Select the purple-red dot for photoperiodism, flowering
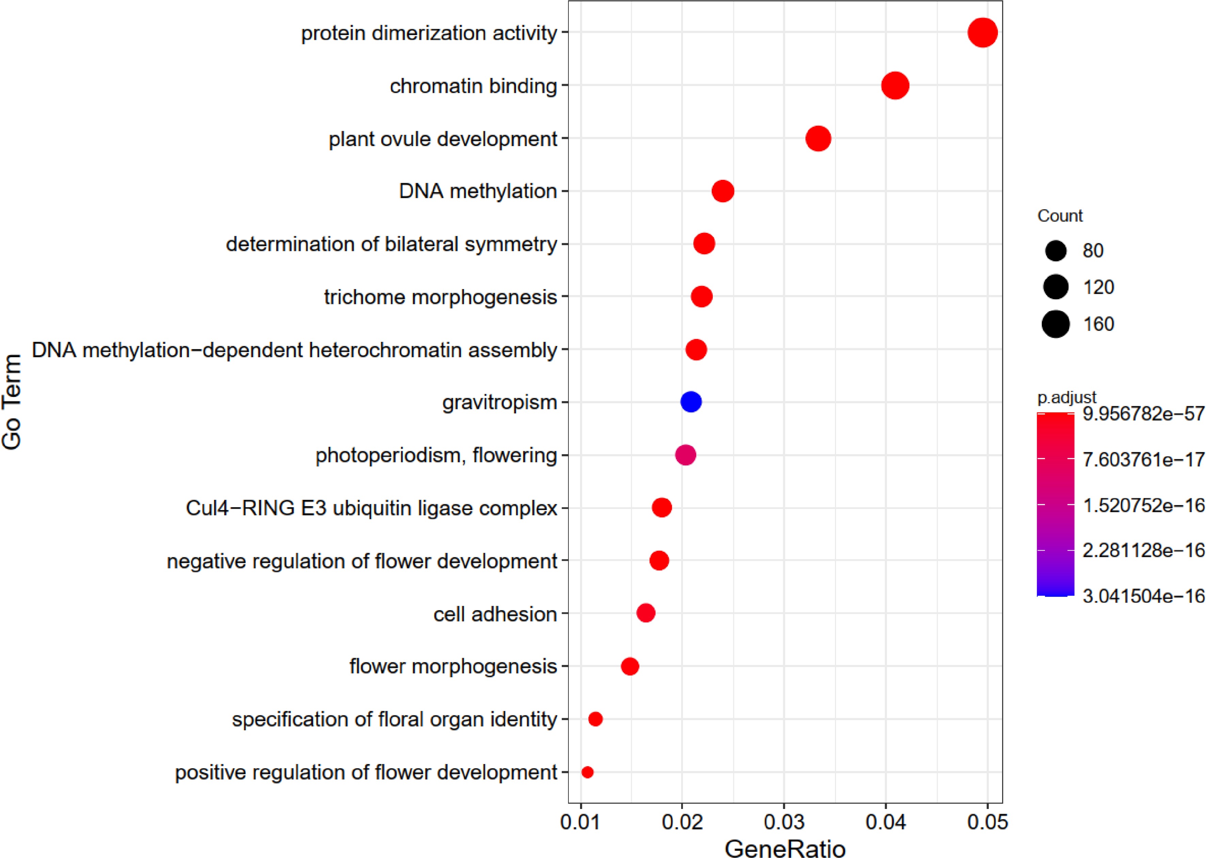point(685,455)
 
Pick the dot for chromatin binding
point(895,85)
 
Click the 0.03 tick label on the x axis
point(784,822)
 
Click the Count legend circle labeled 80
point(1056,251)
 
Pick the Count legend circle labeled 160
point(1056,324)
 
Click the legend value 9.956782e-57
point(1143,414)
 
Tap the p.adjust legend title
point(1066,397)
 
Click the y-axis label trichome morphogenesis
point(440,297)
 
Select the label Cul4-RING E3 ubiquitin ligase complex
point(371,508)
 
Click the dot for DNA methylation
point(723,191)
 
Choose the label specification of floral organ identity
point(394,719)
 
